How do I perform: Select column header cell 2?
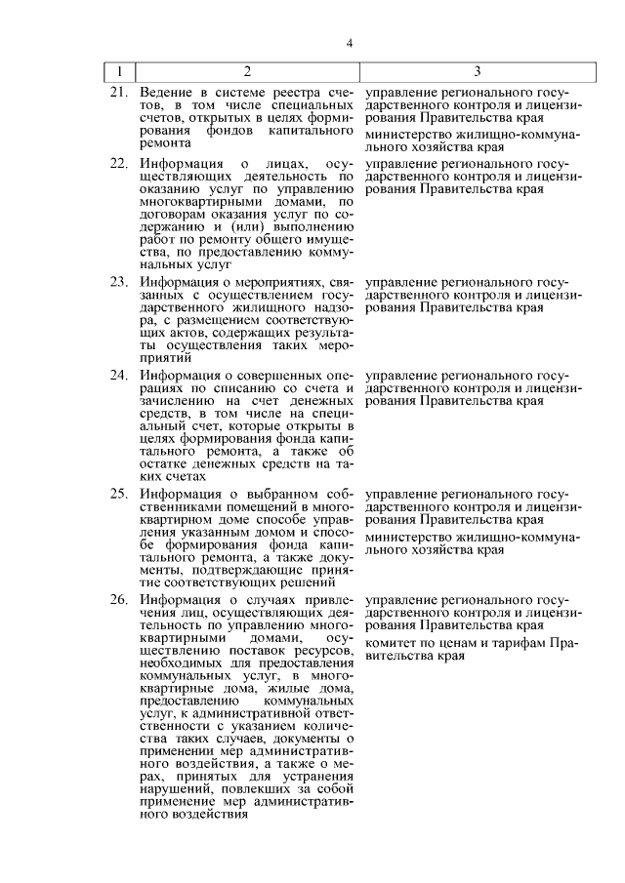pyautogui.click(x=247, y=71)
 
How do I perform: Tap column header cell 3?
pyautogui.click(x=477, y=71)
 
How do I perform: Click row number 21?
pyautogui.click(x=119, y=92)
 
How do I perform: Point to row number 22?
pyautogui.click(x=119, y=163)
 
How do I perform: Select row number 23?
pyautogui.click(x=119, y=283)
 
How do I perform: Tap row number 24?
pyautogui.click(x=119, y=375)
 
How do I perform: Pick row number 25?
pyautogui.click(x=119, y=494)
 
